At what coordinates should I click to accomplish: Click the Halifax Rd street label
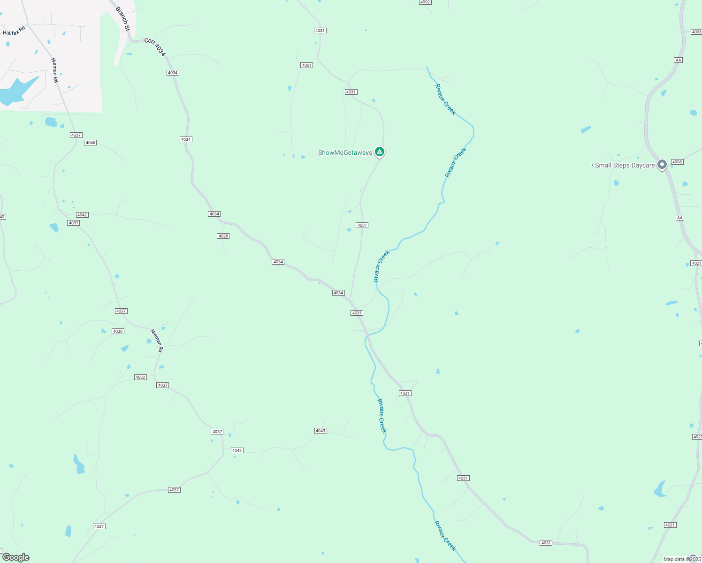pyautogui.click(x=14, y=31)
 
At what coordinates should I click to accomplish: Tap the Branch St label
pyautogui.click(x=123, y=19)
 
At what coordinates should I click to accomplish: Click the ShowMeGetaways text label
pyautogui.click(x=345, y=152)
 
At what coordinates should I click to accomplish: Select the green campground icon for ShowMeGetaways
pyautogui.click(x=380, y=152)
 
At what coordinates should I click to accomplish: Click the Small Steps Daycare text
pyautogui.click(x=625, y=165)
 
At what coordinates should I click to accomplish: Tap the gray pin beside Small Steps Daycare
pyautogui.click(x=662, y=165)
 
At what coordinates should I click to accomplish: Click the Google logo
pyautogui.click(x=16, y=557)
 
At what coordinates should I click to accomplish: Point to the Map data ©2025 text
pyautogui.click(x=682, y=559)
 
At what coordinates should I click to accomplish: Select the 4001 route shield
pyautogui.click(x=307, y=65)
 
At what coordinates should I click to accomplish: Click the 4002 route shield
pyautogui.click(x=425, y=2)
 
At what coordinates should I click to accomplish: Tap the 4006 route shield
pyautogui.click(x=696, y=32)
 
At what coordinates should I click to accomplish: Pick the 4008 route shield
pyautogui.click(x=677, y=162)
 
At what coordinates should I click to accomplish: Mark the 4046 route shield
pyautogui.click(x=91, y=143)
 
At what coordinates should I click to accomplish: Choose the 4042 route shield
pyautogui.click(x=82, y=215)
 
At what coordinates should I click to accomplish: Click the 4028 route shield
pyautogui.click(x=223, y=236)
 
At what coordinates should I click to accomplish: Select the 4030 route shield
pyautogui.click(x=118, y=331)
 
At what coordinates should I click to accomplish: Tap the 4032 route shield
pyautogui.click(x=140, y=377)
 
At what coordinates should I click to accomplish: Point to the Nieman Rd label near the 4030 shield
pyautogui.click(x=157, y=341)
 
